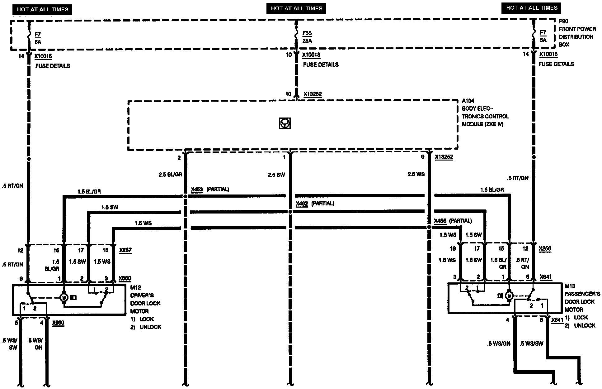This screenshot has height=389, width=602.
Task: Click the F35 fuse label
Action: pos(307,33)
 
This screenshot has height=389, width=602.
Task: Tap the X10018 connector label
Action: pos(311,55)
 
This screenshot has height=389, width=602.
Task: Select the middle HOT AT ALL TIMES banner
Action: pos(296,9)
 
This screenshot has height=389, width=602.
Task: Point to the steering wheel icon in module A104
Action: pos(285,123)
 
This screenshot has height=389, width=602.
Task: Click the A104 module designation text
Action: pos(468,101)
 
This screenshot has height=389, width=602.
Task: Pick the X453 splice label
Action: pos(197,189)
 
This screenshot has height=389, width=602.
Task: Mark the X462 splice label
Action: pos(302,204)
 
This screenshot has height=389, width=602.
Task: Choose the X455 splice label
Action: pos(440,221)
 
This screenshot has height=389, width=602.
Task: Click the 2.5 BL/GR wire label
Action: pos(170,175)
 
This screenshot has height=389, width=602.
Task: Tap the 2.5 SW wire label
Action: pos(276,175)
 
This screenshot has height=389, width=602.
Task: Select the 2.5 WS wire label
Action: pos(416,174)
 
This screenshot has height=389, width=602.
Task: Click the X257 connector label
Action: pos(125,250)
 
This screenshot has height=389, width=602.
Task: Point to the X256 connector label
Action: pos(545,249)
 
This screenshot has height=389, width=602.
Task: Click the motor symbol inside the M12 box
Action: pos(64,297)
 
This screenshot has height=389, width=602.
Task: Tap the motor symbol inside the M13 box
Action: pos(509,295)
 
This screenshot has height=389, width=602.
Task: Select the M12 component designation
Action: pos(135,287)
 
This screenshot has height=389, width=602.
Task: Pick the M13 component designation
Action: pos(570,286)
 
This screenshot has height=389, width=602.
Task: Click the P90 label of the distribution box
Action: pos(563,22)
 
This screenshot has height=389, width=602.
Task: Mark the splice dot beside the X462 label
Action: pos(290,212)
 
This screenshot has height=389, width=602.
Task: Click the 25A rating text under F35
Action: pos(307,41)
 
